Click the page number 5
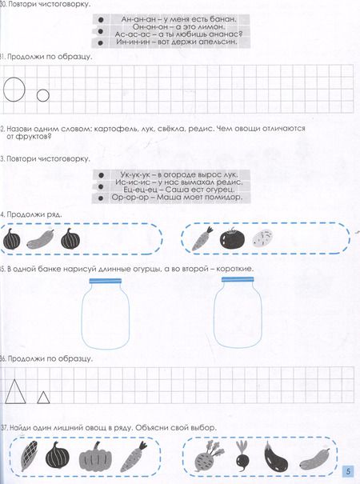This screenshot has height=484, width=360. click(349, 471)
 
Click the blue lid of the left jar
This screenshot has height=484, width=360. click(106, 281)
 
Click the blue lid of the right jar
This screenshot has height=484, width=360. click(238, 279)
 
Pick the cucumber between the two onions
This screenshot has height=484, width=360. click(41, 239)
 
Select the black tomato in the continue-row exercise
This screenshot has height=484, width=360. click(232, 238)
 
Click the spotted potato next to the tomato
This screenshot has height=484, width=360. click(262, 238)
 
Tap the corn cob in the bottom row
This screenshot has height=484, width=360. click(29, 455)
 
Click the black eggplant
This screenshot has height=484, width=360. click(275, 456)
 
